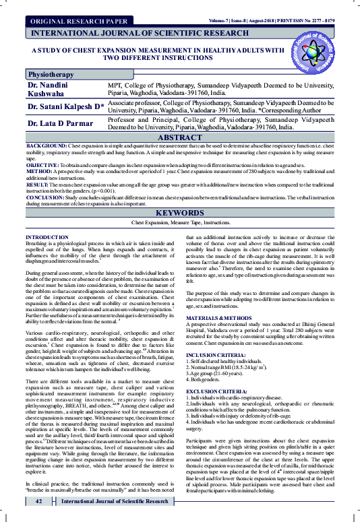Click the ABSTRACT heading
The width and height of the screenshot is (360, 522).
point(179,137)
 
